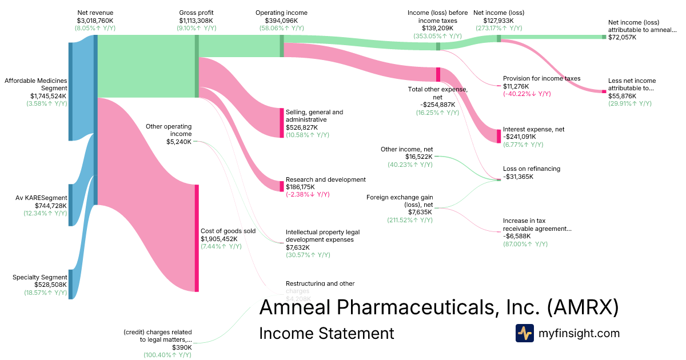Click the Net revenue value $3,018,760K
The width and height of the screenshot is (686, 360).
pyautogui.click(x=95, y=20)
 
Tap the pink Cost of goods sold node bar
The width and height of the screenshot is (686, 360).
pyautogui.click(x=197, y=238)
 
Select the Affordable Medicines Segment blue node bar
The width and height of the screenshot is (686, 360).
pyautogui.click(x=70, y=91)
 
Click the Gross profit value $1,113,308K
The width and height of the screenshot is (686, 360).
pyautogui.click(x=197, y=20)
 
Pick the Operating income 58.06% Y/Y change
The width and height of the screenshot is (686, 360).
pyautogui.click(x=281, y=28)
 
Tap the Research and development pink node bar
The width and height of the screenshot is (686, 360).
pyautogui.click(x=281, y=186)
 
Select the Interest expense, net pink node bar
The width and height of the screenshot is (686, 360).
pyautogui.click(x=499, y=136)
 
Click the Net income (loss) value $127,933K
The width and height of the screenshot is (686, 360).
pyautogui.click(x=498, y=20)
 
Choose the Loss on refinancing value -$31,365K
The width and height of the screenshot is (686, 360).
pyautogui.click(x=518, y=177)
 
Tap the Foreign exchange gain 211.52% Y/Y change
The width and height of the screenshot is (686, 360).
pyautogui.click(x=410, y=220)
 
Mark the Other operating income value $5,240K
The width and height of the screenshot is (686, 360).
pyautogui.click(x=179, y=142)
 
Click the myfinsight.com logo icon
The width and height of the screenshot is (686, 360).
pyautogui.click(x=524, y=333)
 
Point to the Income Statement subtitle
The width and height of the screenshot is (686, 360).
pyautogui.click(x=326, y=333)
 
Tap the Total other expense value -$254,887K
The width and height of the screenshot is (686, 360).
pyautogui.click(x=437, y=105)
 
